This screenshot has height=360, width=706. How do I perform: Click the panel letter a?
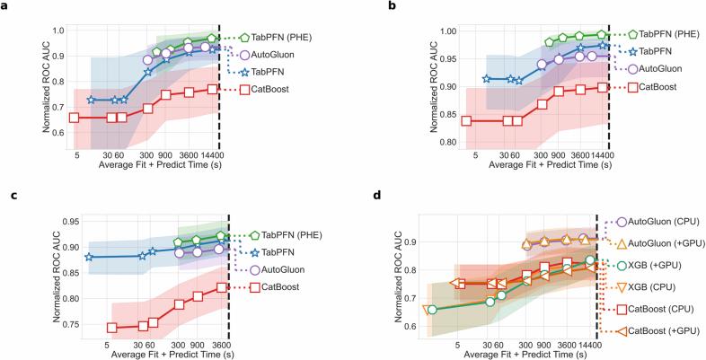pos(5,6)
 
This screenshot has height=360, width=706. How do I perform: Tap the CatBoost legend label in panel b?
pos(658,87)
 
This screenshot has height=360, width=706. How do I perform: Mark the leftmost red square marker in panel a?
pos(74,118)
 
